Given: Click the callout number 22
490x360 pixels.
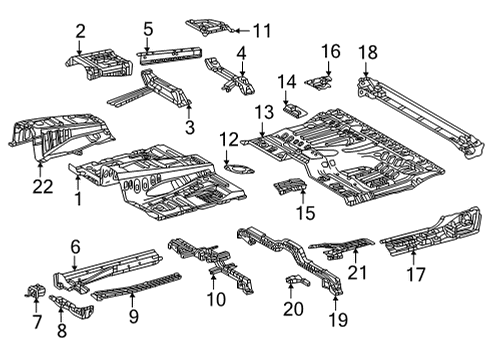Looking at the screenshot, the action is point(43,187).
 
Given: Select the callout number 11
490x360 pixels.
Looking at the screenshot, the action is point(262,31).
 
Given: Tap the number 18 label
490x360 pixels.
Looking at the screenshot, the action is point(368,52).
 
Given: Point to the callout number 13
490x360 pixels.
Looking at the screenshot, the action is point(264,112).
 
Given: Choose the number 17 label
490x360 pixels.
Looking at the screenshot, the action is point(416,274).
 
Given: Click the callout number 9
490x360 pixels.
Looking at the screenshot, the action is point(134,316).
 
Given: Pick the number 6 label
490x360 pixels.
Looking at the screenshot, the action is point(76,247).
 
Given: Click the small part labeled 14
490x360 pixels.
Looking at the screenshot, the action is point(295,110).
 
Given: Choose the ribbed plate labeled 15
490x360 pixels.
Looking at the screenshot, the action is point(290,186).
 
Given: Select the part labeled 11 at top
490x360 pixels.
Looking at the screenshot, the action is point(210,28).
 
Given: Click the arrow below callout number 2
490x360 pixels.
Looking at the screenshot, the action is point(79,47).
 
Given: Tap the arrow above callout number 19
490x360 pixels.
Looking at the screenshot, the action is point(335,302).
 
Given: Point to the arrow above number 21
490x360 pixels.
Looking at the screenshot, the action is point(355,256).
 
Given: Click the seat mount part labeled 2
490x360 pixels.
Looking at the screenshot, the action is point(99,64).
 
